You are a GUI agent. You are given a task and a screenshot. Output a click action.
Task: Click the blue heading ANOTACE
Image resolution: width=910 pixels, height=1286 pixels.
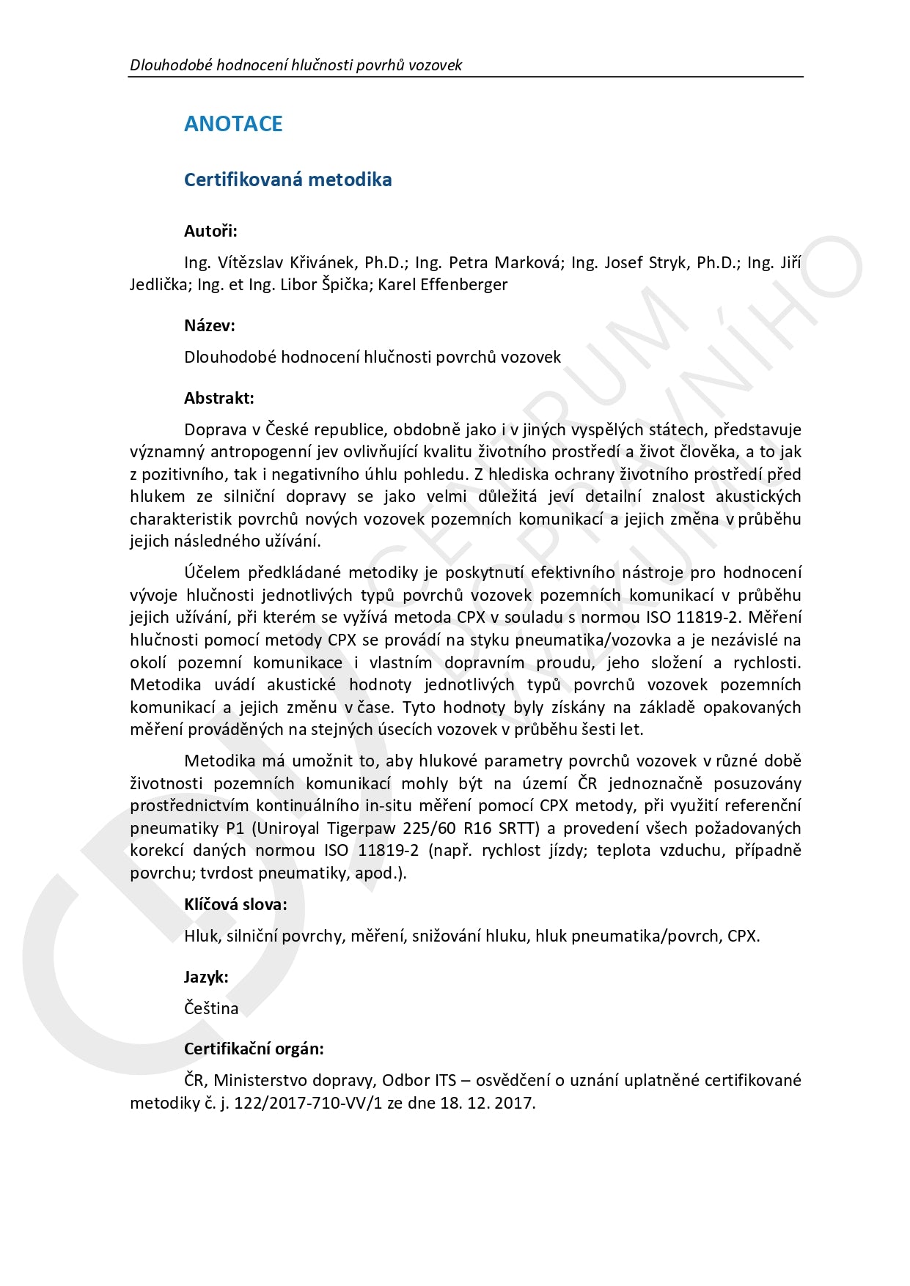pyautogui.click(x=233, y=124)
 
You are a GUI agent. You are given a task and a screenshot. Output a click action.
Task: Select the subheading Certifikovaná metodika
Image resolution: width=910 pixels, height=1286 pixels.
pyautogui.click(x=287, y=180)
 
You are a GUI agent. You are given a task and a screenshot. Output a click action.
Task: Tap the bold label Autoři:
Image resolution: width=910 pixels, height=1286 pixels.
pyautogui.click(x=210, y=232)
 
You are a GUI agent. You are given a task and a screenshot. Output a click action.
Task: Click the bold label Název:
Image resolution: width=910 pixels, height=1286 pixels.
pyautogui.click(x=210, y=326)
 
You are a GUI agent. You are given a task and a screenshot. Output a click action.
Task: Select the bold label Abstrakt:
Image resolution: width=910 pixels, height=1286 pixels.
pyautogui.click(x=219, y=399)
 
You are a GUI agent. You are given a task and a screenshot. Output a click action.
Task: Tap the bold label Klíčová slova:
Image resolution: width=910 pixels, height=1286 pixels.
pyautogui.click(x=235, y=905)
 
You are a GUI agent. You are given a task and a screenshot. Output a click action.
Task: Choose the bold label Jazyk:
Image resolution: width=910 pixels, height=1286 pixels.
pyautogui.click(x=206, y=977)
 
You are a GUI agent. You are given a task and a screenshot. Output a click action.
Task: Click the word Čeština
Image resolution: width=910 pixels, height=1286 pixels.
pyautogui.click(x=211, y=1009)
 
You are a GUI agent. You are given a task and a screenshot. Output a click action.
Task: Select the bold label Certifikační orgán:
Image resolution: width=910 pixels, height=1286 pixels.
pyautogui.click(x=254, y=1049)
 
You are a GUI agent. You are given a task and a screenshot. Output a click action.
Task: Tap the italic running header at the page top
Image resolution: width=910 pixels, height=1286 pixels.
pyautogui.click(x=296, y=65)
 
